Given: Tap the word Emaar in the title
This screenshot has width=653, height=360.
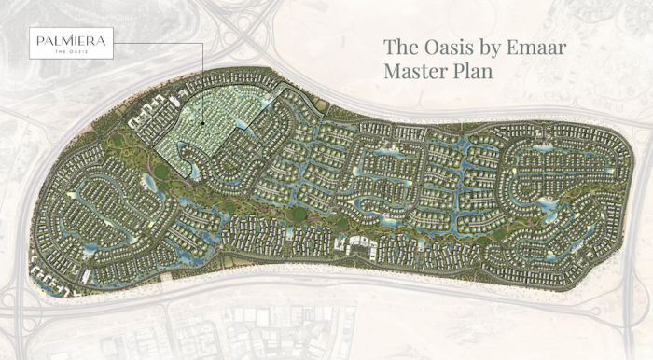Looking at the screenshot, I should click(548, 47).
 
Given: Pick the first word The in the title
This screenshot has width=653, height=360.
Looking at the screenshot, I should click(402, 47).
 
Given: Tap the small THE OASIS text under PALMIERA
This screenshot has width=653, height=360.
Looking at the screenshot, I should click(71, 51).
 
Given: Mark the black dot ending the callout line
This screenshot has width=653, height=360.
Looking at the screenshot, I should click(202, 122).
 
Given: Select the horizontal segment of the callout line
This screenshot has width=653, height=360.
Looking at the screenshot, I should click(158, 44).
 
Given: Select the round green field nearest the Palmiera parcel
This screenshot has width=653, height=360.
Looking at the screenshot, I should click(162, 172).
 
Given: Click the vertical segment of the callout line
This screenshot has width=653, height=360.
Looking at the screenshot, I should click(202, 84).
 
